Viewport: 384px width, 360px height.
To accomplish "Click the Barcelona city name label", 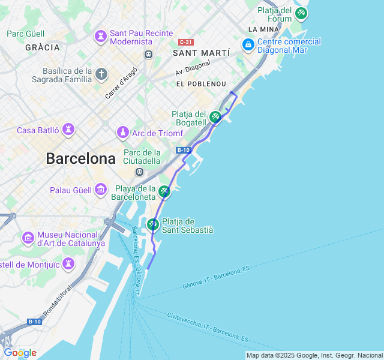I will click(80, 159).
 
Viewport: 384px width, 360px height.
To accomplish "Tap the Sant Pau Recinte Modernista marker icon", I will click(100, 37).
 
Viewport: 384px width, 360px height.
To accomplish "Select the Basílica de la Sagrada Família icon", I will click(101, 74).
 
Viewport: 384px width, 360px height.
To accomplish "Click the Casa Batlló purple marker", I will click(70, 130).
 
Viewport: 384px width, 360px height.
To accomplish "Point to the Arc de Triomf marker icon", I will click(123, 132).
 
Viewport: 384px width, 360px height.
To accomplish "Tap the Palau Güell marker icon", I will click(101, 191).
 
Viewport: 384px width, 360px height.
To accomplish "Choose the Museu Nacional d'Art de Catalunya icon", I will click(28, 238).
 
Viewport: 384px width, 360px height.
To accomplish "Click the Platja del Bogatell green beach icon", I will click(215, 117).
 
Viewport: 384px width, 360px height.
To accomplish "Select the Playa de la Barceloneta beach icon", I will click(164, 192).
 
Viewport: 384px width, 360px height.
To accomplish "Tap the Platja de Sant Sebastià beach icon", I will click(153, 224).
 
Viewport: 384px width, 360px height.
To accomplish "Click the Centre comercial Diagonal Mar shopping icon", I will click(248, 45).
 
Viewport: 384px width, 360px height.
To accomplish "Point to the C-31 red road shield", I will click(186, 42).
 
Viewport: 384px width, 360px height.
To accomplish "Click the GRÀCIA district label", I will click(43, 47).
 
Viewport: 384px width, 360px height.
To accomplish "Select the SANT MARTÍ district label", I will click(201, 53).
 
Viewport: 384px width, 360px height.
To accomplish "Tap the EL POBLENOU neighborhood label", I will click(201, 84).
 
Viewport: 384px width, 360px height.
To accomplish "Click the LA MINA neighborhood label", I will click(262, 29).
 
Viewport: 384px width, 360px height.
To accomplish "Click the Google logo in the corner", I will click(20, 353).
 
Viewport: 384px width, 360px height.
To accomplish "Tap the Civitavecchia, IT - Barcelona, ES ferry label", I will click(208, 323).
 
